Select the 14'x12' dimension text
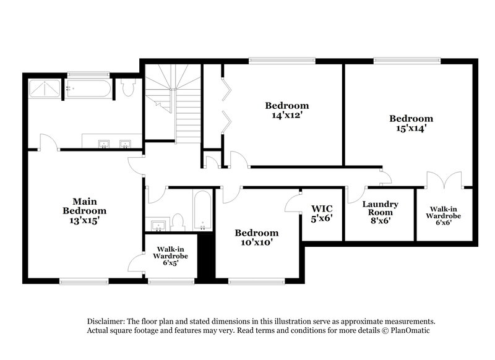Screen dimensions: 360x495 pos(286,114)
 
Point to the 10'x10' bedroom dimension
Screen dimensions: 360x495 pos(256,242)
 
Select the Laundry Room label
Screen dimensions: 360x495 pos(380,208)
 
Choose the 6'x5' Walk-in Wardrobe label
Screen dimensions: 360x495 pos(171,255)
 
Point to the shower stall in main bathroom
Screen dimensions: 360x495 pos(45,88)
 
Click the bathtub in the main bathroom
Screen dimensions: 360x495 pos(88,88)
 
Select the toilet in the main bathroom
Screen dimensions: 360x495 pos(128,88)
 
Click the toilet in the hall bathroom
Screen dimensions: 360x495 pos(178,221)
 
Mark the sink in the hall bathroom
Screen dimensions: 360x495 pos(158,225)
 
